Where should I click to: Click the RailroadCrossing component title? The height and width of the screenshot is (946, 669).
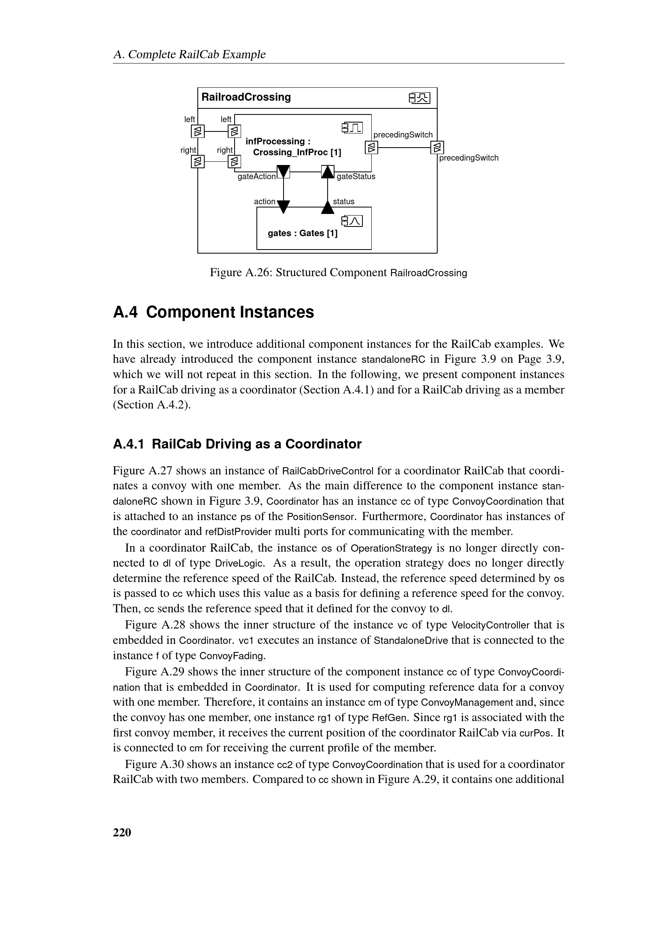tap(246, 97)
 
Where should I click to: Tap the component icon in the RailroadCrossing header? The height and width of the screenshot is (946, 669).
tap(419, 98)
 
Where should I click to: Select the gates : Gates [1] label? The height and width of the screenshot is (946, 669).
tap(303, 233)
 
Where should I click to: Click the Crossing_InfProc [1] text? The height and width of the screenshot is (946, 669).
tap(296, 152)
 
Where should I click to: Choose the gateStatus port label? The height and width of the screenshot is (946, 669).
tap(356, 177)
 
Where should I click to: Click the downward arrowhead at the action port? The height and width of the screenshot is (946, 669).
tap(284, 206)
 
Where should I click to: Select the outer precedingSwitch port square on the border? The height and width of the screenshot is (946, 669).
tap(437, 147)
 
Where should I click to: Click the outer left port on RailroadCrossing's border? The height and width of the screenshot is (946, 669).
tap(198, 131)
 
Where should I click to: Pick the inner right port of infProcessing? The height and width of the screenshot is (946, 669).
tap(235, 161)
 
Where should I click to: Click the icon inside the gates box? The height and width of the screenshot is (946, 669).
tap(352, 221)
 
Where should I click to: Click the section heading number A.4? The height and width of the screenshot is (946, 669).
tap(125, 312)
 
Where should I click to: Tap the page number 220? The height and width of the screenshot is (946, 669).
tap(122, 832)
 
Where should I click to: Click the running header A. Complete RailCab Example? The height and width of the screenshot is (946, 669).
tap(189, 54)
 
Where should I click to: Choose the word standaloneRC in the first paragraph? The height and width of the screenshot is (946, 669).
tap(393, 359)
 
